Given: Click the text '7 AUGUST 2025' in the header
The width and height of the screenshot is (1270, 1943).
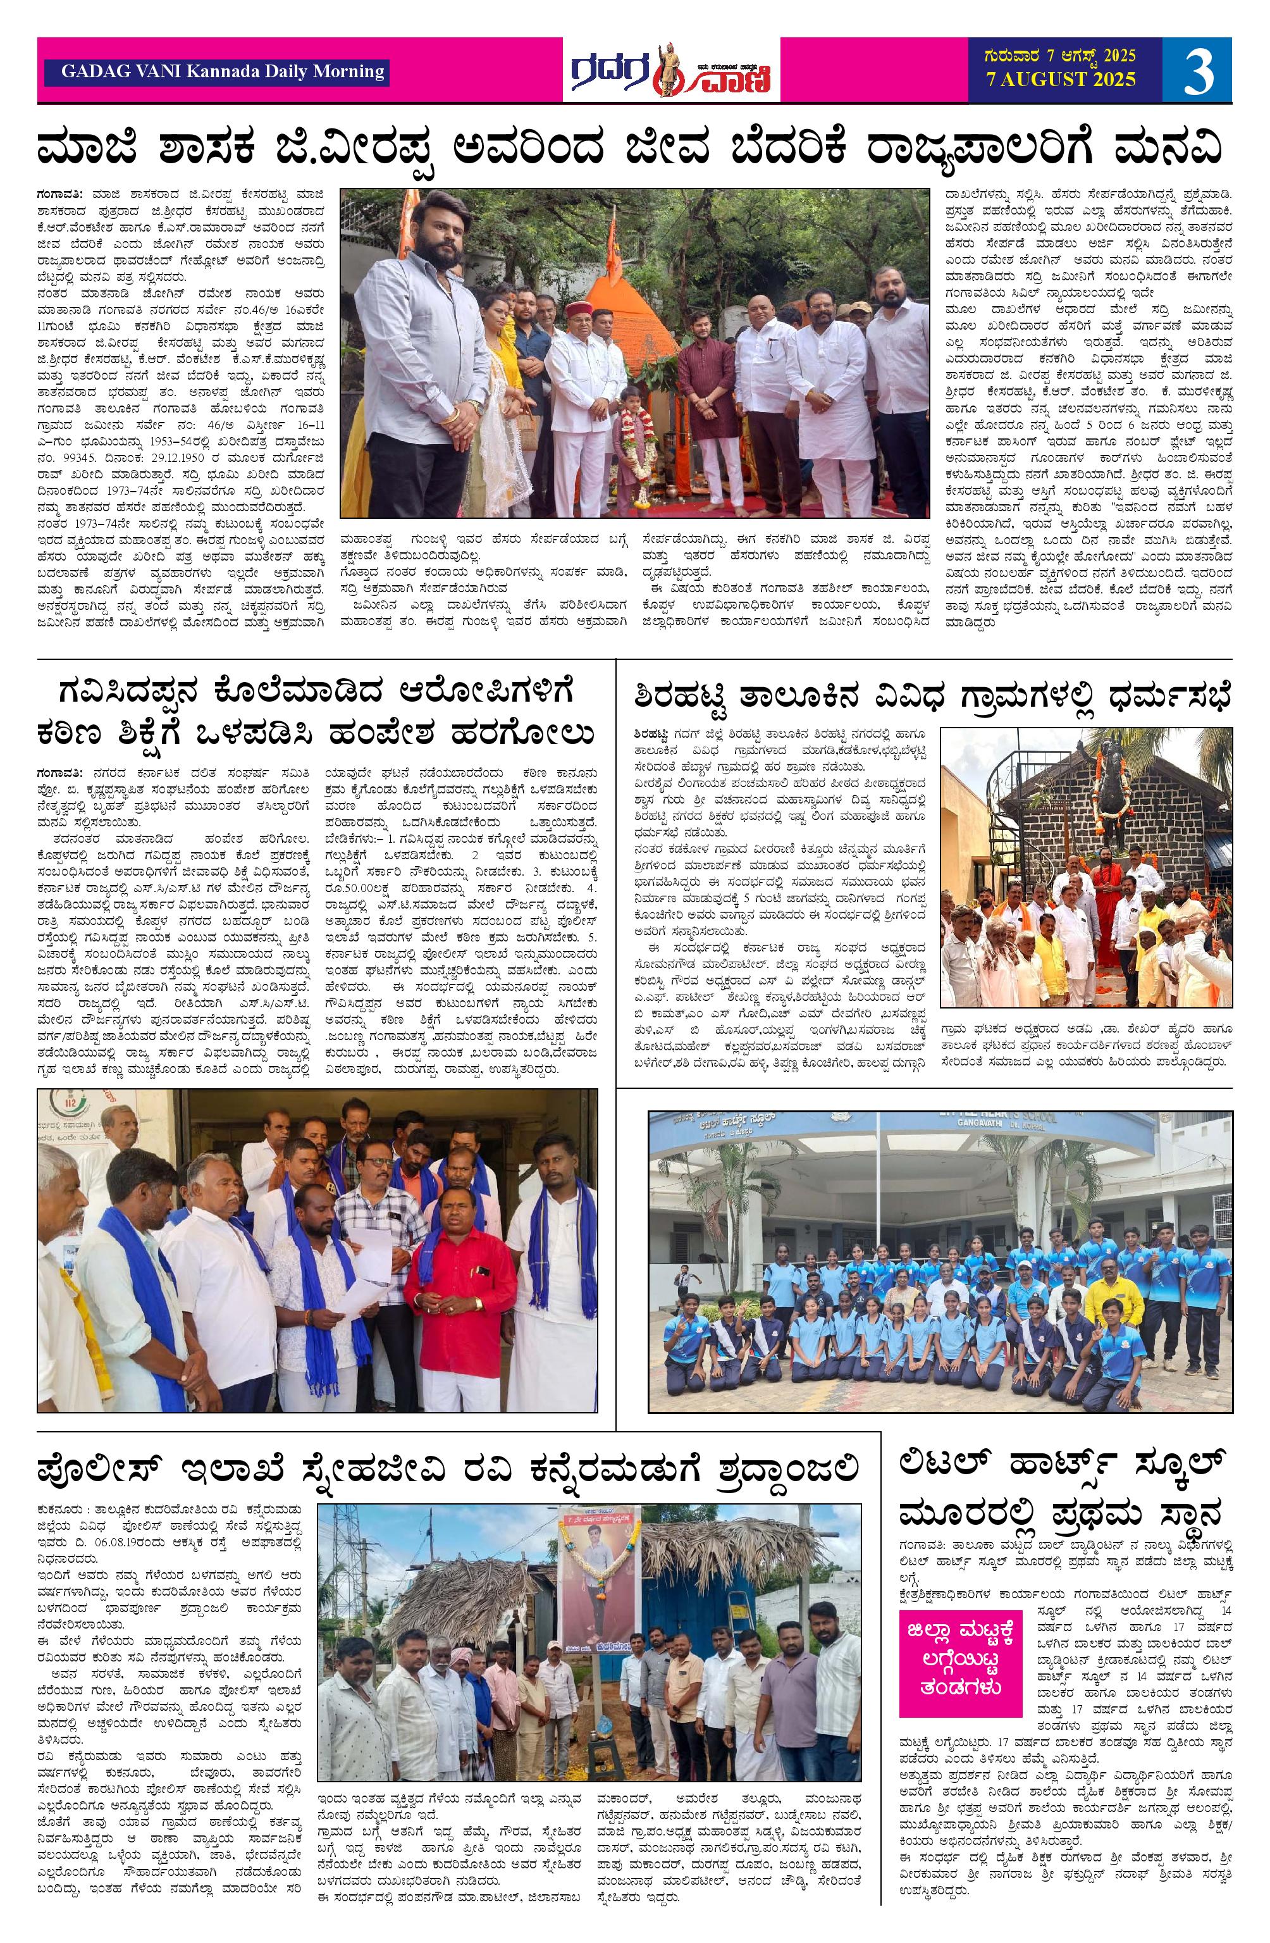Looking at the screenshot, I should pyautogui.click(x=1060, y=80).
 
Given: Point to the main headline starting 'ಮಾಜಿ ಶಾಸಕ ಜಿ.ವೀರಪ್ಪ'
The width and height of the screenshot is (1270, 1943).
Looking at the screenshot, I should pyautogui.click(x=634, y=149).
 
